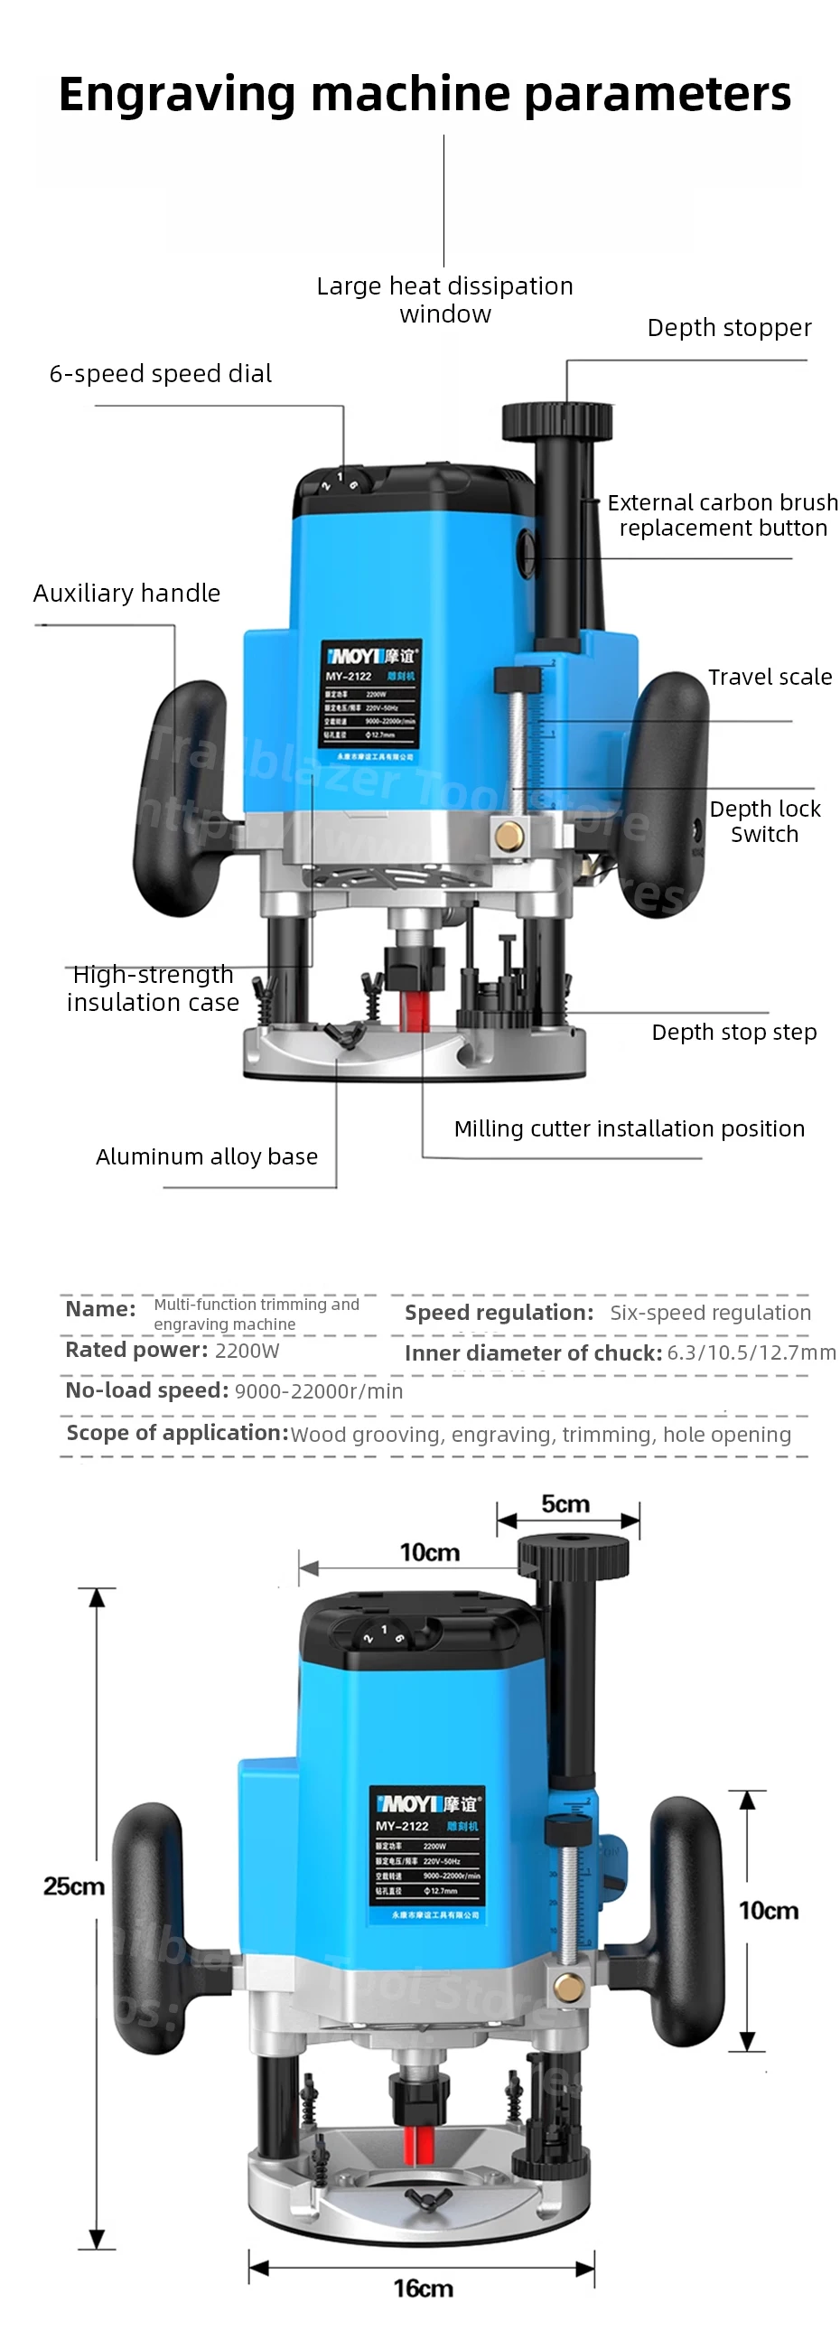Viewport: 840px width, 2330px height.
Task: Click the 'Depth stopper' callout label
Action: (729, 327)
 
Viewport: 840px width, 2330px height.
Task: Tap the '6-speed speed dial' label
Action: (160, 373)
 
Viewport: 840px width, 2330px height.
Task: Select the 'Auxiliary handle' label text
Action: (126, 594)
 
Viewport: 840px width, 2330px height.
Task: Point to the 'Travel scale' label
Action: (770, 677)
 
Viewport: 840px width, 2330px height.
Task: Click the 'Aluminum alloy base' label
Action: (206, 1156)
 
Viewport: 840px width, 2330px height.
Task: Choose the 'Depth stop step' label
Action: (733, 1032)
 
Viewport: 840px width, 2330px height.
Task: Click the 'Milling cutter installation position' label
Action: (629, 1128)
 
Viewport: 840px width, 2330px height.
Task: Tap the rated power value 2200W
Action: (247, 1351)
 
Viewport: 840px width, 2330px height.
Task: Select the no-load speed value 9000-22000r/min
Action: (318, 1391)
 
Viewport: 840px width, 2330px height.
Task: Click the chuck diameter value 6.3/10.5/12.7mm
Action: (751, 1353)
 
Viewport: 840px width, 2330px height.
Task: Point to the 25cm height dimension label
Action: (74, 1886)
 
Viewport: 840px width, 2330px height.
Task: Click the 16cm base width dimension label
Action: (423, 2288)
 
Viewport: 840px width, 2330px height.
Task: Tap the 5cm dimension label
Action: (565, 1503)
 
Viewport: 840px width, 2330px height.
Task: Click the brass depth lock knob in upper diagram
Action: (509, 835)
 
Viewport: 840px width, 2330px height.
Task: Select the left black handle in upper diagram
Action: (177, 796)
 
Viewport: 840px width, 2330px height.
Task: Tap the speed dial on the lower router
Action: (384, 1633)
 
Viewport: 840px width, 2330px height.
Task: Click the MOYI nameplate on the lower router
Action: (426, 1854)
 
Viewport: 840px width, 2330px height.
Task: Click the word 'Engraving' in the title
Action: (177, 94)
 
